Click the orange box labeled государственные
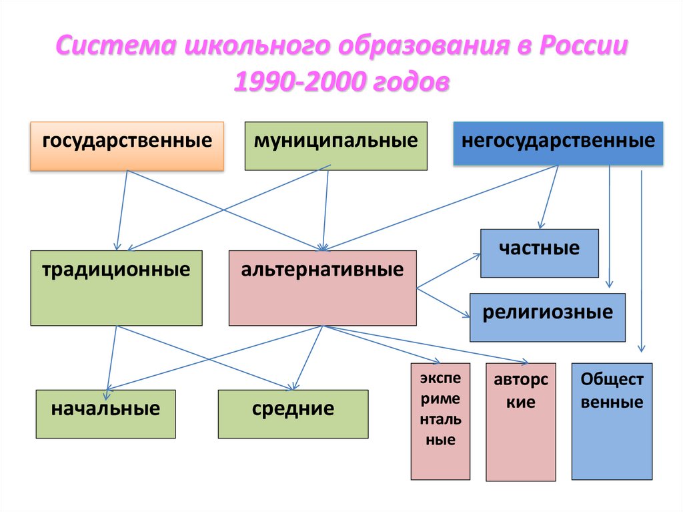click(127, 146)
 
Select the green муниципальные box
click(335, 146)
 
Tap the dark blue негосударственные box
click(558, 143)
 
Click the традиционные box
click(116, 288)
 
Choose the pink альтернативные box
click(322, 288)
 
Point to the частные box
click(539, 252)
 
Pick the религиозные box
click(547, 316)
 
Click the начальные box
click(105, 413)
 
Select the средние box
click(293, 413)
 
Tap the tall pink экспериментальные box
click(440, 421)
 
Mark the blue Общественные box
click(612, 421)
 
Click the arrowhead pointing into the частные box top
click(542, 226)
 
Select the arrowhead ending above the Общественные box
click(642, 348)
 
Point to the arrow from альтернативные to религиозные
click(444, 301)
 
